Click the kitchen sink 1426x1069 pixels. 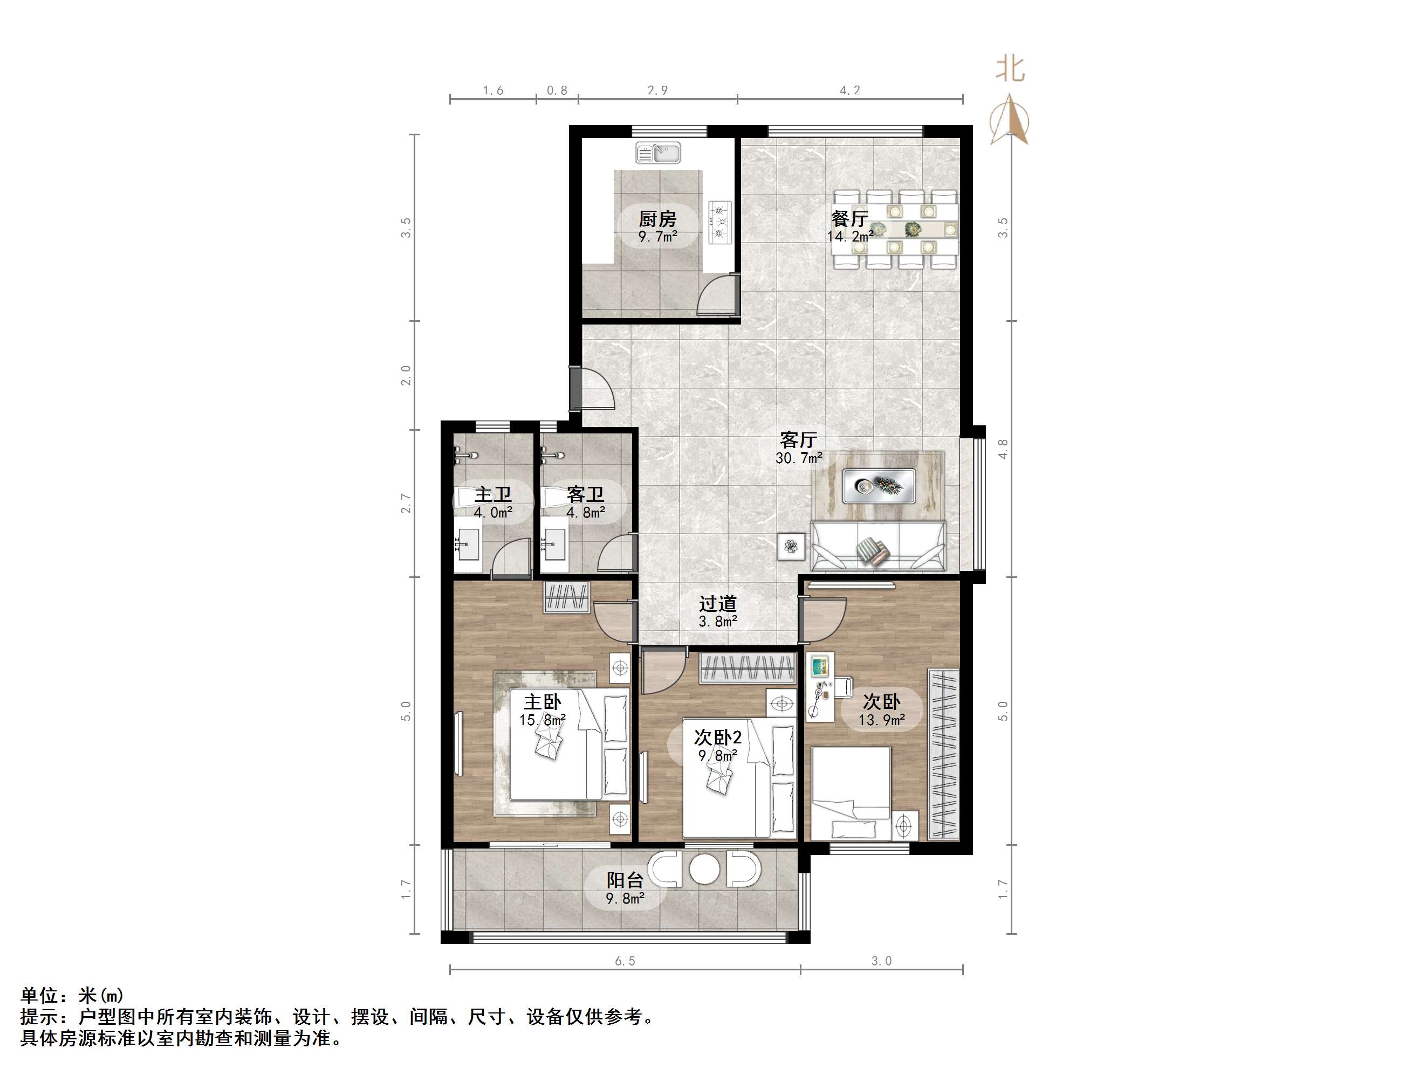pos(657,153)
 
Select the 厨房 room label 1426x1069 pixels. pos(657,219)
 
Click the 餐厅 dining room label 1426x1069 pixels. pos(849,219)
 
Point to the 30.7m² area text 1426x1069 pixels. pos(799,458)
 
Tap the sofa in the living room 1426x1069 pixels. pos(878,547)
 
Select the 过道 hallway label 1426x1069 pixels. pos(717,604)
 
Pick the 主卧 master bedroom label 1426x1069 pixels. pos(542,702)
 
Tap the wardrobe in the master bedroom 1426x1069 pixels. pos(567,597)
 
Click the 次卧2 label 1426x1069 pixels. pos(717,737)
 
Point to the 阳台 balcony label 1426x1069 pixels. pos(625,880)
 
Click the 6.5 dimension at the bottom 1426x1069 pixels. pos(625,961)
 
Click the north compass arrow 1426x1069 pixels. pos(1010,119)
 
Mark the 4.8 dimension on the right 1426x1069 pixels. pos(1003,449)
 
